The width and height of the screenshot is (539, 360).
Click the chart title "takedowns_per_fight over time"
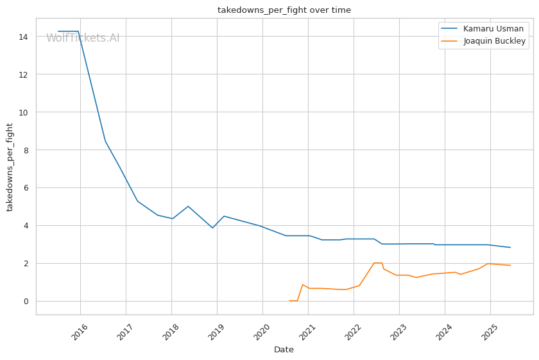[284, 10]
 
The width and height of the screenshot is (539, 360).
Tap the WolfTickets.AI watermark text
[83, 38]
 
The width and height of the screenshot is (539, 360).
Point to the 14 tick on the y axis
[23, 37]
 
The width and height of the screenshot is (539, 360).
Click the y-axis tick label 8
[26, 150]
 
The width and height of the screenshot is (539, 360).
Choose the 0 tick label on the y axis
[26, 301]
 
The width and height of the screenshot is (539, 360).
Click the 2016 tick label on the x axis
[80, 332]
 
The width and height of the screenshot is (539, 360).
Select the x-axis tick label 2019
[216, 332]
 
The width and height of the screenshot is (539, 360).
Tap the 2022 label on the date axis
[353, 332]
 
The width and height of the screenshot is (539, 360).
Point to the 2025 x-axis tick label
[490, 332]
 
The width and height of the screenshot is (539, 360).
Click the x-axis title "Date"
[284, 350]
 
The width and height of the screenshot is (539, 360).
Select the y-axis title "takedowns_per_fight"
[10, 167]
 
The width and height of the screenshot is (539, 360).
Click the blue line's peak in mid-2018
[188, 206]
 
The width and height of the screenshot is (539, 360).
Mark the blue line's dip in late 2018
[212, 228]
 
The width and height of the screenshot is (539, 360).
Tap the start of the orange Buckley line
[289, 301]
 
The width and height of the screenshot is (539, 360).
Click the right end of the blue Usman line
[511, 247]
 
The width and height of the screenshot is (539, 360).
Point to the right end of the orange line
[511, 266]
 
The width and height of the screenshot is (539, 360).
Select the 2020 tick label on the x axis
[262, 332]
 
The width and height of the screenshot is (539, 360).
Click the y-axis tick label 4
[26, 225]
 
